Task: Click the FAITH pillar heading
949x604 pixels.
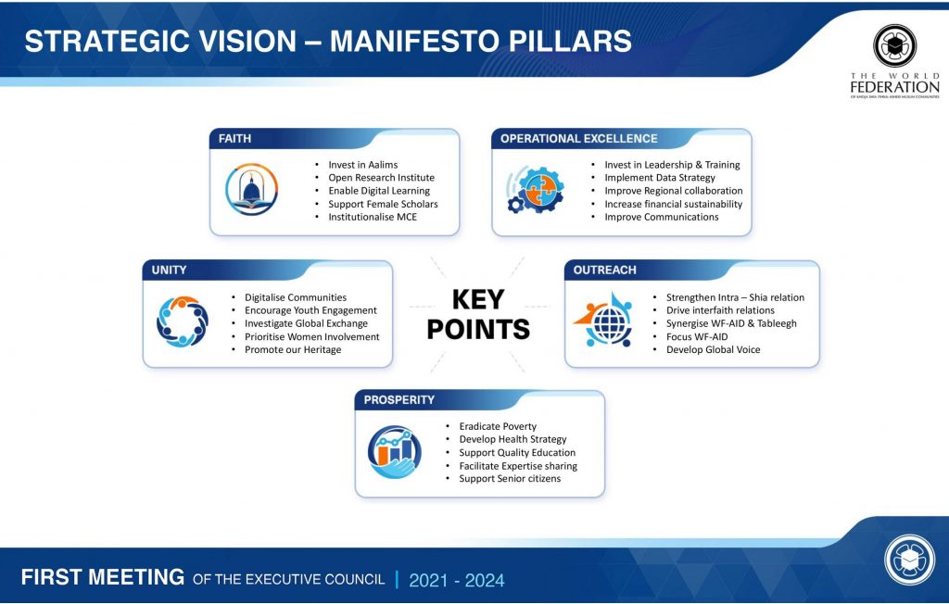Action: click(x=234, y=139)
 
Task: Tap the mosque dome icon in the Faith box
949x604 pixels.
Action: click(x=252, y=189)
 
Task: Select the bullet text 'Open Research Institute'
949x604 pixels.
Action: click(x=381, y=177)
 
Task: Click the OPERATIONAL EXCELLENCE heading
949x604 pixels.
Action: click(x=578, y=139)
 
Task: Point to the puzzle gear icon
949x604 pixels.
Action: click(x=536, y=189)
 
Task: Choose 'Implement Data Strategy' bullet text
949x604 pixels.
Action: click(x=660, y=177)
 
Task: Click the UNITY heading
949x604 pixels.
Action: click(x=169, y=270)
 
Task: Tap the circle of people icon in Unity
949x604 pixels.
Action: click(x=183, y=321)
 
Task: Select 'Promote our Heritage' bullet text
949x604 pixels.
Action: click(x=293, y=350)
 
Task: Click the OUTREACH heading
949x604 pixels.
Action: click(x=604, y=270)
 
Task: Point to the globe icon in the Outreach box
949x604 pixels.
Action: click(x=604, y=321)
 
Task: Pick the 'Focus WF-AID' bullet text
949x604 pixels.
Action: click(x=697, y=336)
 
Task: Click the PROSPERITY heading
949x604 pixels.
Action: click(x=399, y=400)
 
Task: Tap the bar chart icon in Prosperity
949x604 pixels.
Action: click(x=395, y=451)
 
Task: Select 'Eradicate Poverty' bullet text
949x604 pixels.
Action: click(x=498, y=426)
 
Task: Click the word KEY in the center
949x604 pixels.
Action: click(x=478, y=299)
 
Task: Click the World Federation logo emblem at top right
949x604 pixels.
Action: click(x=894, y=45)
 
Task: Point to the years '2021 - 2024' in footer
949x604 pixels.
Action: click(x=456, y=581)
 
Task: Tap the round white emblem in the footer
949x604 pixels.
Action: click(x=910, y=560)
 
